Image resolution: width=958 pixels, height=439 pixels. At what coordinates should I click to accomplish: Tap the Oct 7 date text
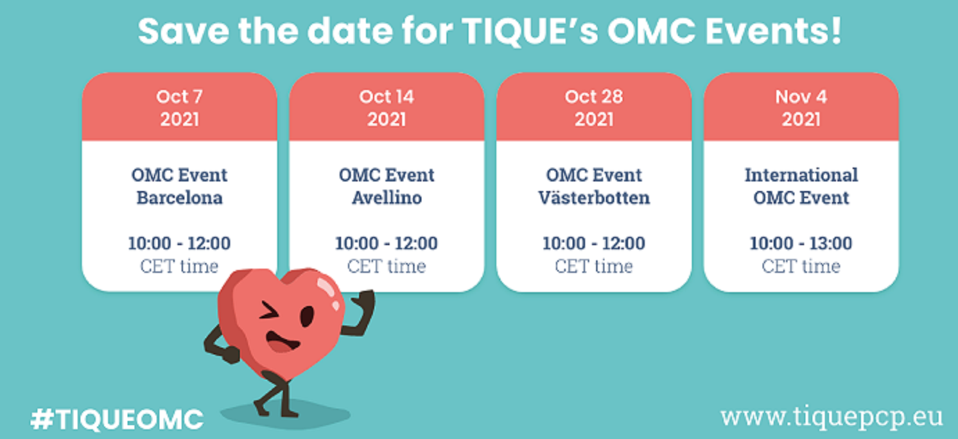point(180,96)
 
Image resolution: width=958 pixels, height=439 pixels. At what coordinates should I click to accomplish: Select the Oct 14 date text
point(387,96)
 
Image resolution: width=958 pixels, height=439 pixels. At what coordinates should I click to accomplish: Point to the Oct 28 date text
point(593,96)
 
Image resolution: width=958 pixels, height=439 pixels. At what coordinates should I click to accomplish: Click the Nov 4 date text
point(801,96)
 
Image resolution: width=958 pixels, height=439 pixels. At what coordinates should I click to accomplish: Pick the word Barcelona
point(180,198)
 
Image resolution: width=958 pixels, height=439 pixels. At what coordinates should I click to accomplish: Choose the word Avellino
point(387,198)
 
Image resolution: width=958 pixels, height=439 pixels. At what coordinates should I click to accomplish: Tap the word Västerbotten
point(594,197)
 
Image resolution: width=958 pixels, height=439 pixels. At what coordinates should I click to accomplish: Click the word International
point(801,174)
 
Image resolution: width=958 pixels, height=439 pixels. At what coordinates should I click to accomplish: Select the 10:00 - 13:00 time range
point(801,243)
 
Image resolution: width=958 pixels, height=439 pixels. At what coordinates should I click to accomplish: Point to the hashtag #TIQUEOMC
point(116,419)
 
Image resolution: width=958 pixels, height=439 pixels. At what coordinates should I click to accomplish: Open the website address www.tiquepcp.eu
point(831,417)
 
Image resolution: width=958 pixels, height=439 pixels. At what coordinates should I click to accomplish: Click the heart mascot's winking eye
point(268,312)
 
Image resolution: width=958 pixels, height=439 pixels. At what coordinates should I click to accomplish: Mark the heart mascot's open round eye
point(307,316)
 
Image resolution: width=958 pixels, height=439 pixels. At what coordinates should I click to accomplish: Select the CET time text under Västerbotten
point(593,266)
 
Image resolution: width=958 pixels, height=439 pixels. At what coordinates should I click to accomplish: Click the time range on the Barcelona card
point(180,243)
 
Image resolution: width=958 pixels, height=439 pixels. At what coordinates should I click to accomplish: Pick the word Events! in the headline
point(773,30)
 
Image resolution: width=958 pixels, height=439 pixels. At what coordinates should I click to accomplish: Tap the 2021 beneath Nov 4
point(801,119)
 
